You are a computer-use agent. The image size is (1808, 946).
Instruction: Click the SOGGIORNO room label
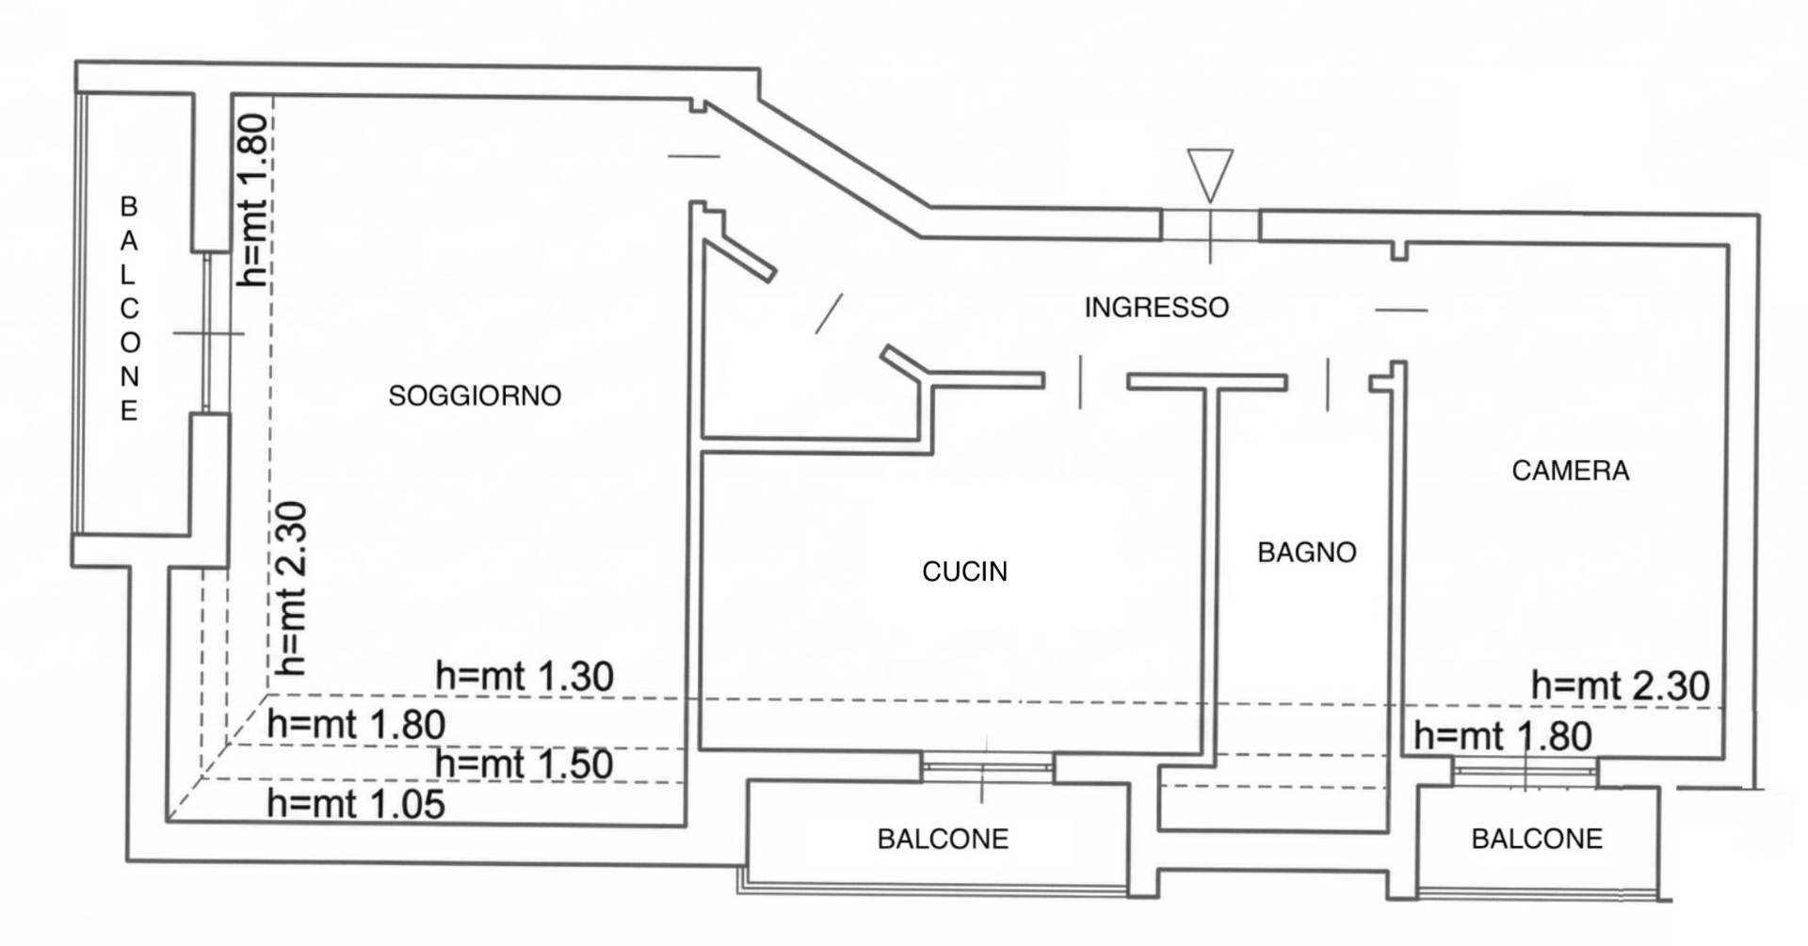pyautogui.click(x=475, y=395)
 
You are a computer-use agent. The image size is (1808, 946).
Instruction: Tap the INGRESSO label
pyautogui.click(x=1156, y=307)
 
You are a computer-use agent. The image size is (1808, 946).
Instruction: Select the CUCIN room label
pyautogui.click(x=964, y=571)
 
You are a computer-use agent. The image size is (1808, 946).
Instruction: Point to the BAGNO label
pyautogui.click(x=1307, y=552)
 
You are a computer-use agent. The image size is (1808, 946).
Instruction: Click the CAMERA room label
pyautogui.click(x=1570, y=470)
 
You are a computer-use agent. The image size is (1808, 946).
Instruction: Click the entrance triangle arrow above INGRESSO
pyautogui.click(x=1210, y=175)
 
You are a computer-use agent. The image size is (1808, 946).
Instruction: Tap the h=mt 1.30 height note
pyautogui.click(x=525, y=676)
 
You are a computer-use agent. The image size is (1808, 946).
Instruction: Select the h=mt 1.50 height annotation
pyautogui.click(x=524, y=763)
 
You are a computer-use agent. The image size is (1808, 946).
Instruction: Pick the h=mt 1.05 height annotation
pyautogui.click(x=356, y=804)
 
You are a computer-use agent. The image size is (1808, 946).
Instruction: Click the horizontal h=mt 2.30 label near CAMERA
pyautogui.click(x=1620, y=685)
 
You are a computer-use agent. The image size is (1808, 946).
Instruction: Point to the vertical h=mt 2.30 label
pyautogui.click(x=291, y=588)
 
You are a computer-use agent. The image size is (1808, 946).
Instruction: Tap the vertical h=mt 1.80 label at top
pyautogui.click(x=254, y=200)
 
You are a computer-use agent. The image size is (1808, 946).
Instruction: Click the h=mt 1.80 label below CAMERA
pyautogui.click(x=1503, y=736)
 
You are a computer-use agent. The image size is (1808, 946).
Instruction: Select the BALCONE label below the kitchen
pyautogui.click(x=943, y=839)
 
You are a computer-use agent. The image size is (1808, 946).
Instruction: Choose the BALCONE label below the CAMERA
pyautogui.click(x=1537, y=839)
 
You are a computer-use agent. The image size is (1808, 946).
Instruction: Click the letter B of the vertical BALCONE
pyautogui.click(x=129, y=206)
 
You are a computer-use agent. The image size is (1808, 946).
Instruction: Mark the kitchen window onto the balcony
pyautogui.click(x=987, y=768)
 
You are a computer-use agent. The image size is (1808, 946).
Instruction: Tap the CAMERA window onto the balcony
pyautogui.click(x=1525, y=771)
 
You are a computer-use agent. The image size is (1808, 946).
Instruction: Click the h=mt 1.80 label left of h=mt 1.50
pyautogui.click(x=356, y=725)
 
